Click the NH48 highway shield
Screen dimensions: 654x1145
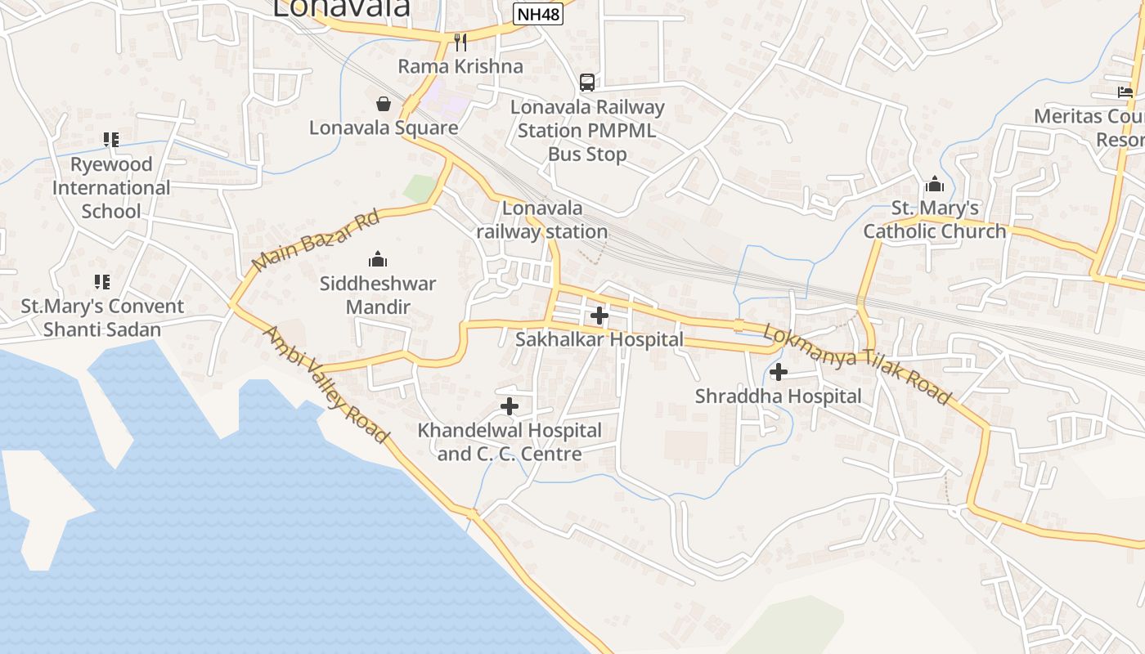(539, 14)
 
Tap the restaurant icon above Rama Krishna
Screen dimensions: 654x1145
(460, 42)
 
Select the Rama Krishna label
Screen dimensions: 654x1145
(460, 66)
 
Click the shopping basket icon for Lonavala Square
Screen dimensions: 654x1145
(383, 104)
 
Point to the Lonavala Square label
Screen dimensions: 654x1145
(383, 128)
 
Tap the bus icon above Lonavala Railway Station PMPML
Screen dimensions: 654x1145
(587, 82)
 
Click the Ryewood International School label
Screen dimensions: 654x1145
(111, 187)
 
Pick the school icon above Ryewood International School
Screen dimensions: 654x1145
(111, 140)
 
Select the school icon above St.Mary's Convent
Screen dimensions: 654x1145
(101, 282)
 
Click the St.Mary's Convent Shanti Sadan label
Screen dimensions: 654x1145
(102, 318)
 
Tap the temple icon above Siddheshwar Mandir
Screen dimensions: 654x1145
(377, 260)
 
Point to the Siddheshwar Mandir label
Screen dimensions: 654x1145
(377, 295)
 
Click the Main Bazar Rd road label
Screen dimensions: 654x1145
(316, 241)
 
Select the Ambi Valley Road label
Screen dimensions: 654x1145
(326, 385)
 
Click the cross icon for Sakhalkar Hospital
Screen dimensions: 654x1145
(599, 315)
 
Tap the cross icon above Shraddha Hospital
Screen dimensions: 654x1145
(779, 373)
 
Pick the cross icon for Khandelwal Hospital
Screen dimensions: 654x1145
(510, 406)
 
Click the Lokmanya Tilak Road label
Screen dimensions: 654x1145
(857, 365)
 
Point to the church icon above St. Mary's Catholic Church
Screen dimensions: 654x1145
(934, 184)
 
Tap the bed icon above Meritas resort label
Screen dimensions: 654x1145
(1125, 92)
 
